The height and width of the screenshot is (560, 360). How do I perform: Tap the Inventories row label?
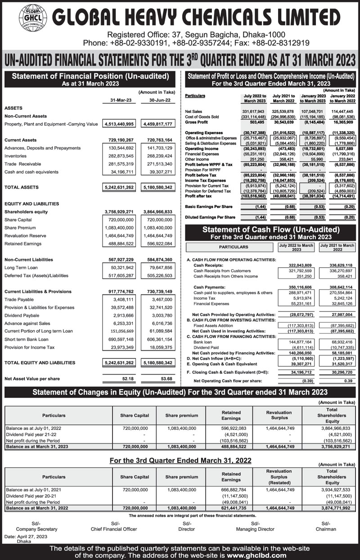(x=16, y=156)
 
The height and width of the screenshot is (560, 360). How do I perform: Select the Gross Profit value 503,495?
(x=258, y=122)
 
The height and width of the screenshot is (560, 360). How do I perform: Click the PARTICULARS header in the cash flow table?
(x=234, y=247)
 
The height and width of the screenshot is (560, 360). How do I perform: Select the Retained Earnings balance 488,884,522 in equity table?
(x=231, y=447)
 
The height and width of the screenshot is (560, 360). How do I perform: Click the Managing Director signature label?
(x=255, y=529)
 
